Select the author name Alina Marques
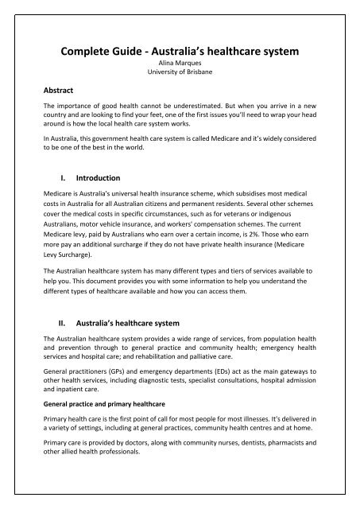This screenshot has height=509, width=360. point(180,68)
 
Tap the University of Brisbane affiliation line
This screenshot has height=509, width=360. point(180,77)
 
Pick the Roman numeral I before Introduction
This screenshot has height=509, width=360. point(65,178)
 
